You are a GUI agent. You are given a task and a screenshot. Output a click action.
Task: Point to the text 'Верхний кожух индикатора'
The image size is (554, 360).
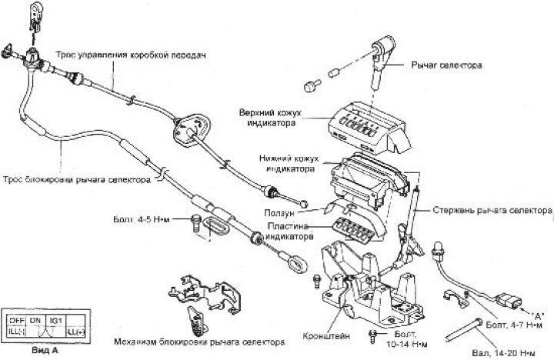point(289,118)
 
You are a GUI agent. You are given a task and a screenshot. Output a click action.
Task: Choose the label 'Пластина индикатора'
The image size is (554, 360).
point(290,232)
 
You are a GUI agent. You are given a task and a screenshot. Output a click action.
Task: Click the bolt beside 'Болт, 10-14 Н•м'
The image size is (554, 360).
point(372,334)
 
